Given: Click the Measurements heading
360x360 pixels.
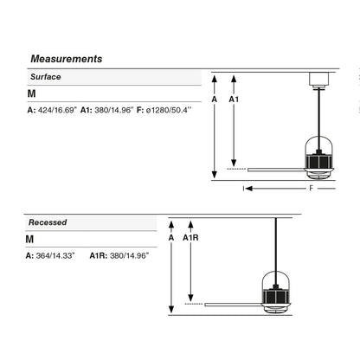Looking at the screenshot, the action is [x=67, y=59].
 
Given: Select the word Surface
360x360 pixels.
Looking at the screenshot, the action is [x=46, y=77].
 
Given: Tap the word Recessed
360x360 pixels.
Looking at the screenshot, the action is [x=48, y=222].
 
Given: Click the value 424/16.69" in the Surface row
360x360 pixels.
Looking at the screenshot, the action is [x=58, y=110].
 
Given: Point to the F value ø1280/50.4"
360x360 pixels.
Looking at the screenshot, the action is [x=169, y=110].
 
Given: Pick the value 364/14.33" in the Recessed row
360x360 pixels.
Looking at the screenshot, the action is [x=55, y=255].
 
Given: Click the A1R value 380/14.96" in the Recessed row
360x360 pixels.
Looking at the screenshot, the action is [x=130, y=255].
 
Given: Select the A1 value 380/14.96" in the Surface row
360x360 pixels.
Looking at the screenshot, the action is [x=114, y=110].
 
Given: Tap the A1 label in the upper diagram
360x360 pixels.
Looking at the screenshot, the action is [x=234, y=100].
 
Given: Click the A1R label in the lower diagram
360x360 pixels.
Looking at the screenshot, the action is [x=190, y=238].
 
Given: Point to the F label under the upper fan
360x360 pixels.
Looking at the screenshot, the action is [x=311, y=189].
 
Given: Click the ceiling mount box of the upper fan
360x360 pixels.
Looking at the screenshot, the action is [x=319, y=80].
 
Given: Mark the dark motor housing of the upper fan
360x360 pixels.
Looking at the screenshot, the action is [x=318, y=161].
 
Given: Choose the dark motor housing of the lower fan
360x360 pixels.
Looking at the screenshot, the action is [x=275, y=296].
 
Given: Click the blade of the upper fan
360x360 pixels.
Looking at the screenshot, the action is [x=276, y=170].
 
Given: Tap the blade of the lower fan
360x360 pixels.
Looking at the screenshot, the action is [x=233, y=305].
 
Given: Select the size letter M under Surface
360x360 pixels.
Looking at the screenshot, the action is [x=32, y=93].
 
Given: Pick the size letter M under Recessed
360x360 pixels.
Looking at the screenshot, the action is [x=29, y=240].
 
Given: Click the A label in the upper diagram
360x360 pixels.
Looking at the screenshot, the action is [x=215, y=100].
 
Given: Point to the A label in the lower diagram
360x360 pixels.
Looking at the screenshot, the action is [x=171, y=238].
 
